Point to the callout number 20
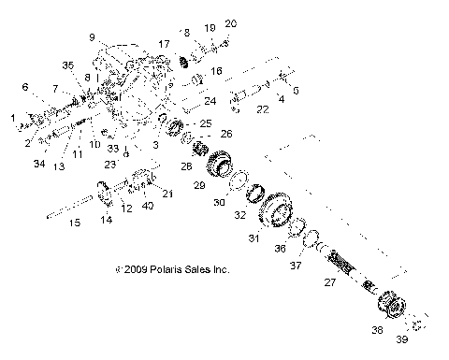230,22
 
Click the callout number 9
93,37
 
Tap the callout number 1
13,118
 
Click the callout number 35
67,65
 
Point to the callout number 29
198,187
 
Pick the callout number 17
164,44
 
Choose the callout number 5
296,92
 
